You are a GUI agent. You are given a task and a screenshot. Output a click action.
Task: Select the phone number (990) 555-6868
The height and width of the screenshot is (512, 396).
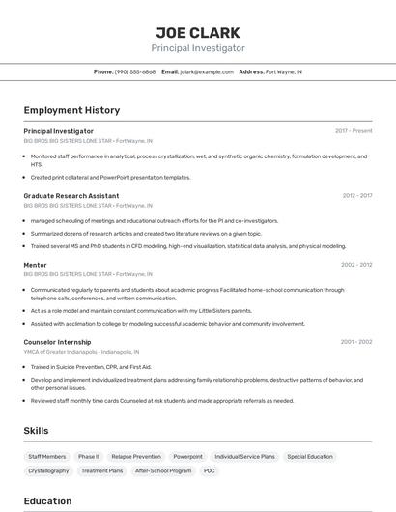[135, 72]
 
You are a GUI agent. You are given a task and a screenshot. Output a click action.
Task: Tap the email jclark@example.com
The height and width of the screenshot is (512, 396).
[206, 72]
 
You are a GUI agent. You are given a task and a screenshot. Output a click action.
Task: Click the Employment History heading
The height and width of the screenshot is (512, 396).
[71, 110]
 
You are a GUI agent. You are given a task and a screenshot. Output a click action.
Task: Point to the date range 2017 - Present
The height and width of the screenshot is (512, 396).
[354, 131]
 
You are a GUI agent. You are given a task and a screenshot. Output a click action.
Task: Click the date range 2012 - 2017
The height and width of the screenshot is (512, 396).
[356, 196]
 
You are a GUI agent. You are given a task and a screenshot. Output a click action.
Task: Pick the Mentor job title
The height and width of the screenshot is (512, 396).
[35, 265]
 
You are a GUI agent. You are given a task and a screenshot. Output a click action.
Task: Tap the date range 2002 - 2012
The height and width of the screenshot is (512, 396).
[356, 265]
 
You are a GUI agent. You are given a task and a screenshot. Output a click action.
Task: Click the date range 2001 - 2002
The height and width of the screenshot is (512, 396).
[356, 342]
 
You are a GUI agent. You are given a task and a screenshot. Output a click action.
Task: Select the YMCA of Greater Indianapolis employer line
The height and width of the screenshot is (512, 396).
[81, 352]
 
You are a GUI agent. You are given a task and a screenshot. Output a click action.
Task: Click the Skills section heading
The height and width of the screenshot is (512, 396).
[36, 431]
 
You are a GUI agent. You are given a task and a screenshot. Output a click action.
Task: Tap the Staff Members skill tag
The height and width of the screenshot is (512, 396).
[47, 456]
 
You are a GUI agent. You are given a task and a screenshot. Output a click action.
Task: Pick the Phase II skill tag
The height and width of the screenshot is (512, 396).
[89, 456]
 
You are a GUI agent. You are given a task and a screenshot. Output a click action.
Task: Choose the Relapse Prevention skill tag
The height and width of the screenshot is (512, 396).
[136, 456]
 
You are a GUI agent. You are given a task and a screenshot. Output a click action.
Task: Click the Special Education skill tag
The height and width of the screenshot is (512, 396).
[310, 456]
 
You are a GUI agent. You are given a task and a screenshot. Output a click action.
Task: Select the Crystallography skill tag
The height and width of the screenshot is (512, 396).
[48, 470]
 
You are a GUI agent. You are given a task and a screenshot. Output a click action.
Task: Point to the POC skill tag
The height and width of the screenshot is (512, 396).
[210, 470]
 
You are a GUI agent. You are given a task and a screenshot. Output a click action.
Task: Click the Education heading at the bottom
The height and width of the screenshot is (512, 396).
[47, 501]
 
